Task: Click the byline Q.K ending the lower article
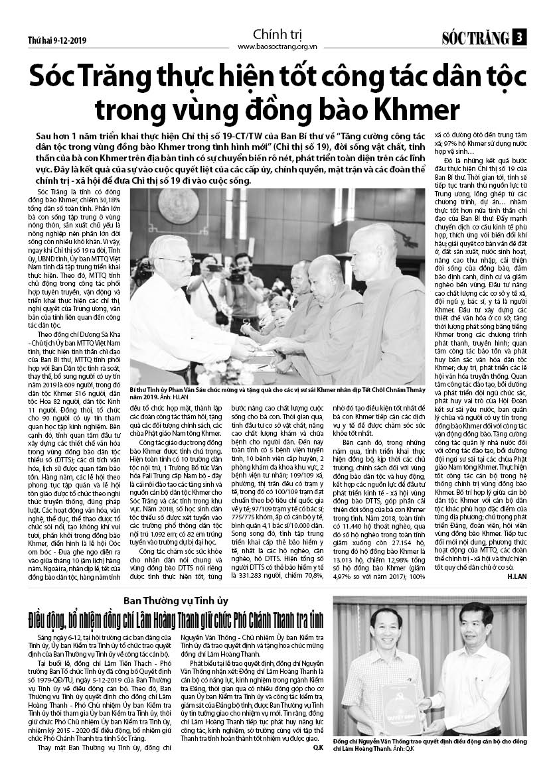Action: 318,747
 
